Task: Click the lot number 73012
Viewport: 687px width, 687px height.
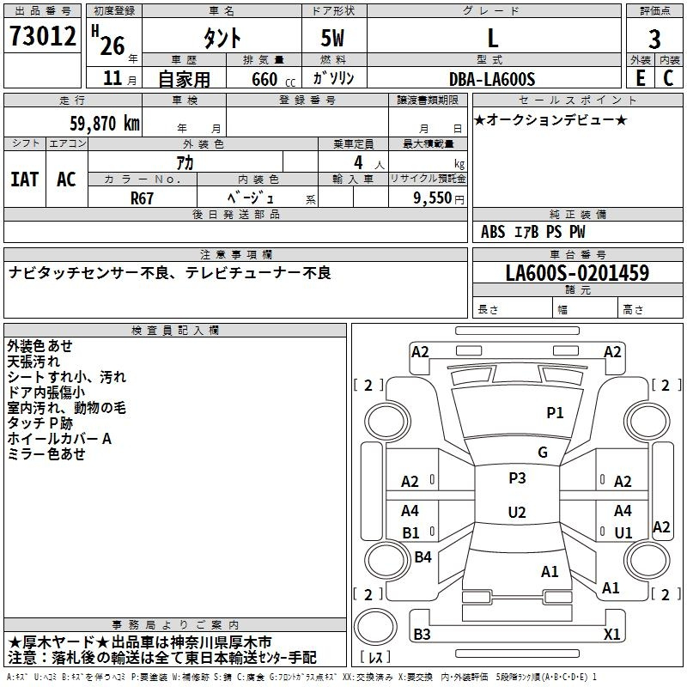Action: (42, 36)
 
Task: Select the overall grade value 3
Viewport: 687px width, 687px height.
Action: (654, 39)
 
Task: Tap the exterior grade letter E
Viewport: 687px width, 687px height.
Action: (640, 78)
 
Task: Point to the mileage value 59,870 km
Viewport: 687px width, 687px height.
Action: (105, 124)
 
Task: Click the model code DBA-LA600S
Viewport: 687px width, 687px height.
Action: (492, 79)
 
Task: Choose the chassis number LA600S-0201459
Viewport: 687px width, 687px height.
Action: (577, 272)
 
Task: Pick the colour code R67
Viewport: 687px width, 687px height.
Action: (142, 198)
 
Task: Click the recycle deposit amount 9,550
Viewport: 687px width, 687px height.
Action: (432, 198)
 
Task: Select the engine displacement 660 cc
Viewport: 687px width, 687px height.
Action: (273, 79)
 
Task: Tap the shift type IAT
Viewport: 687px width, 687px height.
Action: (25, 179)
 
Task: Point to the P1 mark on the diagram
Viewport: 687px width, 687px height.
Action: (555, 412)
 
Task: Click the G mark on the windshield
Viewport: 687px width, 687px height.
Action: (543, 452)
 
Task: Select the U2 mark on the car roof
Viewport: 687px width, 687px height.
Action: (517, 512)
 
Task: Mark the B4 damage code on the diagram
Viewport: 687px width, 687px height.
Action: (423, 556)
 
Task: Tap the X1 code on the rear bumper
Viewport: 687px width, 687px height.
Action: (611, 634)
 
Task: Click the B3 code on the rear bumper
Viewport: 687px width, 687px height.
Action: (422, 634)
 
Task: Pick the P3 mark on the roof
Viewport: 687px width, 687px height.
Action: (517, 477)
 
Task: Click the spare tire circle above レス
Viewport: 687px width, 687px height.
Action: (375, 627)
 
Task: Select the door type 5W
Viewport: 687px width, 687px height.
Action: (332, 38)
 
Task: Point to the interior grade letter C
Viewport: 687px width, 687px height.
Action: (668, 78)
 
